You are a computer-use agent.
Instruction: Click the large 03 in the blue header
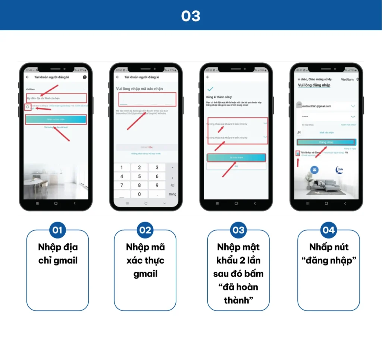191,16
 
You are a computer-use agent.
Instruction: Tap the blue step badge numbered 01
57,230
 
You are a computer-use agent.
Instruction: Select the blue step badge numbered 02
145,230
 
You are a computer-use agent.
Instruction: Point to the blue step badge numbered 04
328,230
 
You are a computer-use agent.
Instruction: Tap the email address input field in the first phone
56,98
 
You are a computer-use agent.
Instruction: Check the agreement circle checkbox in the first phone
28,107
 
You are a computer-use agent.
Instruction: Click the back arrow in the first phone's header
27,77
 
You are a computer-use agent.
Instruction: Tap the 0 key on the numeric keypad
140,194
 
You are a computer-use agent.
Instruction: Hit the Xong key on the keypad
172,194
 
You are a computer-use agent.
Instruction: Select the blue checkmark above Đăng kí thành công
210,89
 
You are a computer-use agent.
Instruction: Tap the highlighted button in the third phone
236,158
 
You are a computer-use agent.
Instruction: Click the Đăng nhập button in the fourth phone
326,142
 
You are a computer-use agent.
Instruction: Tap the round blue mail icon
314,170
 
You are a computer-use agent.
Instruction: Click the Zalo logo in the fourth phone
339,170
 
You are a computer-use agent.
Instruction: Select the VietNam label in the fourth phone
347,79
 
